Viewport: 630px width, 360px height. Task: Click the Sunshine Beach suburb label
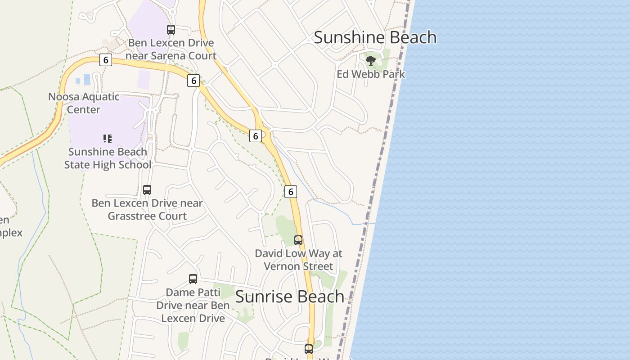click(x=375, y=37)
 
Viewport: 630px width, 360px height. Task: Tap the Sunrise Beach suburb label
click(x=290, y=297)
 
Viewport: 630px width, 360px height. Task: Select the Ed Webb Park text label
click(x=371, y=74)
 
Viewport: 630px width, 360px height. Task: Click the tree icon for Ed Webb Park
click(x=371, y=60)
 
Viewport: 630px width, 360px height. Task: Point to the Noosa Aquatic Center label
click(x=84, y=103)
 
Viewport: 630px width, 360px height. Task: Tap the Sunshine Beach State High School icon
click(x=107, y=138)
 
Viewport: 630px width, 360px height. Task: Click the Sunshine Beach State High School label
click(x=108, y=158)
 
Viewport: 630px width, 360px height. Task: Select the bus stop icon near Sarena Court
click(x=171, y=30)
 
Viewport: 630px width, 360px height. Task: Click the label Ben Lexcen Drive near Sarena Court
click(x=171, y=49)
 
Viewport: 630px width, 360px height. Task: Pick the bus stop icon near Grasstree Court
click(x=147, y=189)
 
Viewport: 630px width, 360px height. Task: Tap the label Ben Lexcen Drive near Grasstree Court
click(x=147, y=210)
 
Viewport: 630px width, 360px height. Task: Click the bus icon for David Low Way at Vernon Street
click(x=298, y=240)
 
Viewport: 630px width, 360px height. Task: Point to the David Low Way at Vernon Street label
click(x=298, y=260)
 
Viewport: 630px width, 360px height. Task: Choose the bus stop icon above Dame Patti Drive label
click(x=193, y=279)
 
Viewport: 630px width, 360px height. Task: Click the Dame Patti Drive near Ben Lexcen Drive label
click(x=193, y=305)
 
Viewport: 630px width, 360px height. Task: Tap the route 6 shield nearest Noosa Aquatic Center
click(x=106, y=60)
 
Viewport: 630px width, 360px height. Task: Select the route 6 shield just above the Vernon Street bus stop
click(x=291, y=192)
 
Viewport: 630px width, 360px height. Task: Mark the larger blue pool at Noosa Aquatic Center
click(x=87, y=80)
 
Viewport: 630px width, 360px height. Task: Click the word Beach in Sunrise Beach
click(x=320, y=297)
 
